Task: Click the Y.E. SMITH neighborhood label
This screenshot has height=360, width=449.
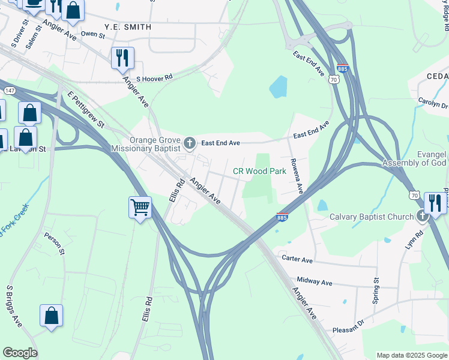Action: click(128, 28)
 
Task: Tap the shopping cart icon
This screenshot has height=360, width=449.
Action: click(140, 208)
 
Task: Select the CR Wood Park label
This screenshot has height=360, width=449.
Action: click(259, 171)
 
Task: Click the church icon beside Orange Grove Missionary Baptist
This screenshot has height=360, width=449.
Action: click(190, 143)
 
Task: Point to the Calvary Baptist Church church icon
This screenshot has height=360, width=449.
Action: click(422, 217)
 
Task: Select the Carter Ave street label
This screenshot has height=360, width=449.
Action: click(298, 260)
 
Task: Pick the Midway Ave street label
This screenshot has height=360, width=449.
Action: click(314, 282)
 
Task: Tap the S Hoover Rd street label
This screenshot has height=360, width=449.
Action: click(154, 78)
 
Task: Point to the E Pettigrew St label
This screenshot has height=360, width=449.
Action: click(86, 110)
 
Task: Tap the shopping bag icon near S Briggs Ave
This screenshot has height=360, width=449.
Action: click(52, 316)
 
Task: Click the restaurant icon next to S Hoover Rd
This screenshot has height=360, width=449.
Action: click(122, 58)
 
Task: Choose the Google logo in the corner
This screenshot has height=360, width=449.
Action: click(20, 353)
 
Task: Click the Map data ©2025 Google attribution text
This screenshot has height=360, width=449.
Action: click(411, 355)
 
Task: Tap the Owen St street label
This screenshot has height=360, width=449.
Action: click(93, 35)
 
